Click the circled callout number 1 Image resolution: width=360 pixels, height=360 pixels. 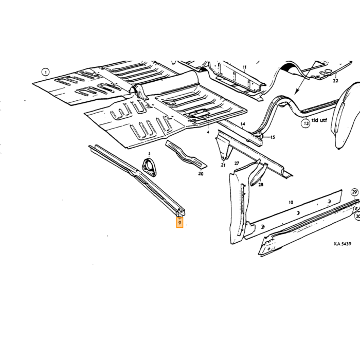coord(46,73)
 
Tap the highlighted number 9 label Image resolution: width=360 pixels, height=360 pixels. coord(180,223)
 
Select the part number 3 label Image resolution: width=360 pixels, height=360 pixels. coord(149,153)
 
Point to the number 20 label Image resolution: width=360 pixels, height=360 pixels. coord(201,174)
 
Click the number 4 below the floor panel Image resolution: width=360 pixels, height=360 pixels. coord(208,132)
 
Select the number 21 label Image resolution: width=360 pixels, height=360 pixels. coord(223,165)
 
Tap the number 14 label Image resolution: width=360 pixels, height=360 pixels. coord(243,124)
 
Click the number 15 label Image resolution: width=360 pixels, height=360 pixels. coord(273,137)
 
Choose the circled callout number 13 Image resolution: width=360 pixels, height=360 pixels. coord(306,123)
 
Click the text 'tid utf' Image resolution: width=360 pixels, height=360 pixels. coord(319,120)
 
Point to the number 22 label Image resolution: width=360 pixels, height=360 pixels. coord(335,81)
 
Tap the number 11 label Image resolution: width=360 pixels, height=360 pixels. coord(244,67)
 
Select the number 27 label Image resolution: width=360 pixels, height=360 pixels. coord(237,163)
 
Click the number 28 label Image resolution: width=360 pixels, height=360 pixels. coord(261,184)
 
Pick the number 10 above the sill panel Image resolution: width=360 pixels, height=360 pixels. coord(291,202)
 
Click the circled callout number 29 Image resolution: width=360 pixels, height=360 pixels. coord(354,192)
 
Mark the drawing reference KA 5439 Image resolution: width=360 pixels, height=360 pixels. coord(343,244)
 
